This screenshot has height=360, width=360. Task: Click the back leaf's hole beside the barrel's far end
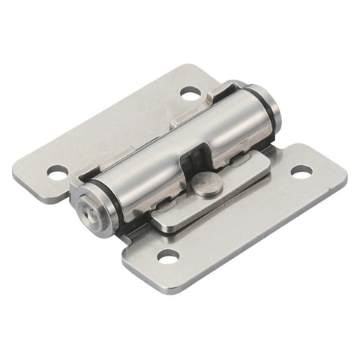click(190, 93)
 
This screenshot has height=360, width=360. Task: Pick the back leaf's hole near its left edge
click(58, 172)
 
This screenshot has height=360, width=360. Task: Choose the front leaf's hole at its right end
click(301, 172)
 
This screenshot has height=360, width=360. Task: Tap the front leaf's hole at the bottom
click(168, 257)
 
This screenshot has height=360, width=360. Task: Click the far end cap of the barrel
click(274, 110)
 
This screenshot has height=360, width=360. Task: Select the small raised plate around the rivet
click(214, 196)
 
